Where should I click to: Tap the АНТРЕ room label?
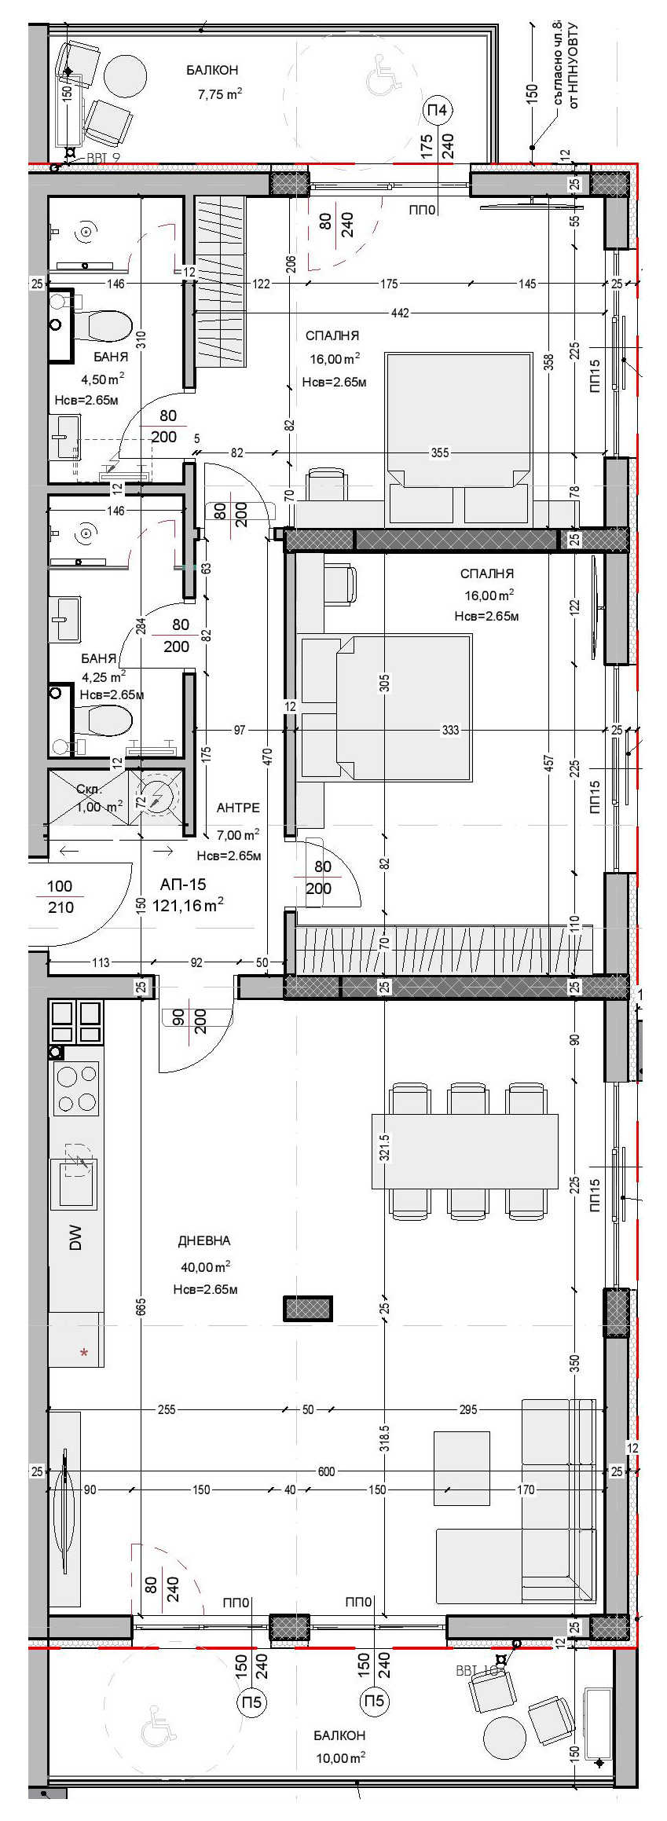tap(238, 808)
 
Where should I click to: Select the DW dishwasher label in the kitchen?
tap(76, 1239)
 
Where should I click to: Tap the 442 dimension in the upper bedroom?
tap(400, 313)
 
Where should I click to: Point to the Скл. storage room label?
tap(89, 789)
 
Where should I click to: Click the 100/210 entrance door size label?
tap(60, 896)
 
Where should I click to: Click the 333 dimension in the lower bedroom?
tap(450, 730)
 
